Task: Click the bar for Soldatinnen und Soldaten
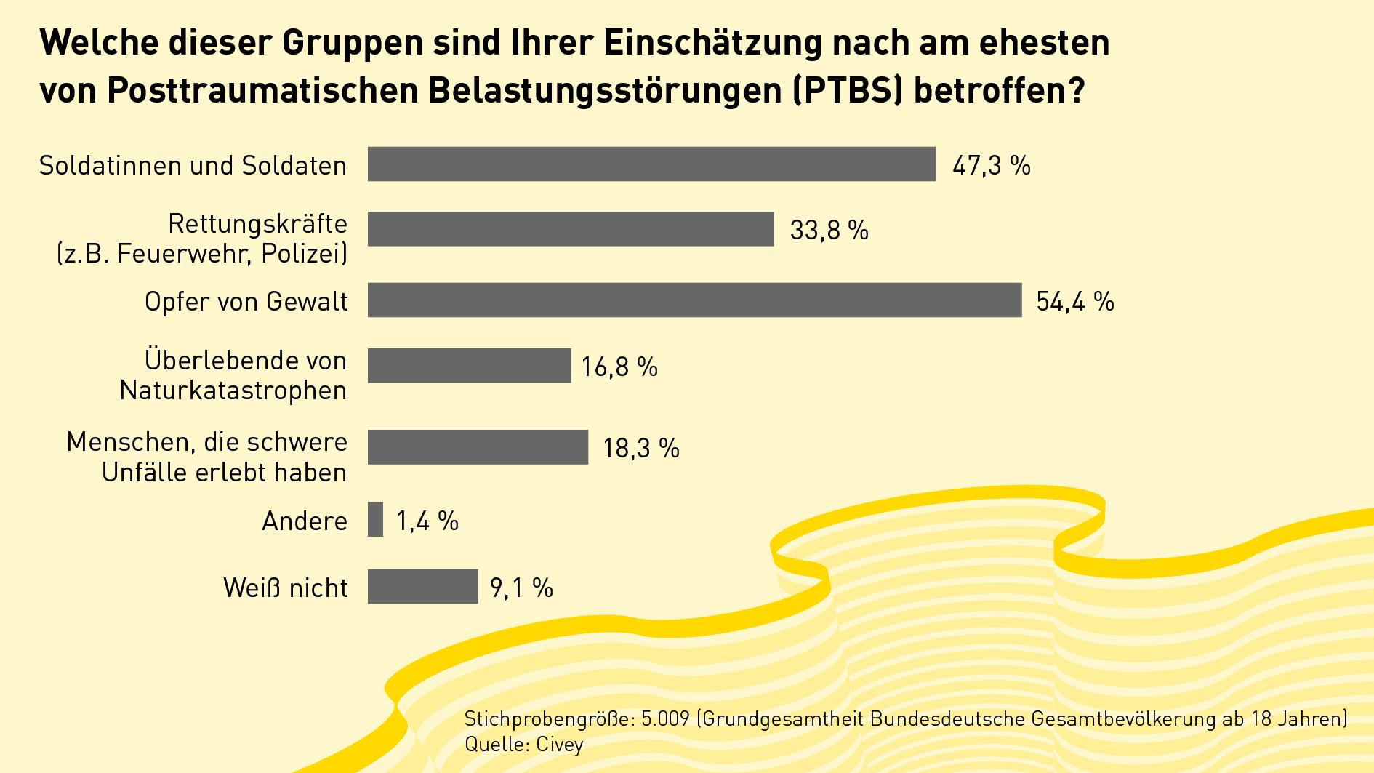click(x=651, y=164)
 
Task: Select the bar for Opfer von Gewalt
click(x=694, y=300)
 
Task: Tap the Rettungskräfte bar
click(x=571, y=229)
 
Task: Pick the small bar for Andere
click(x=375, y=520)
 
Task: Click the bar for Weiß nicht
click(x=422, y=587)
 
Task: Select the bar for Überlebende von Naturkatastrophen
click(x=469, y=366)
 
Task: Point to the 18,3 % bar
click(x=478, y=447)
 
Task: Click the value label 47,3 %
click(x=992, y=166)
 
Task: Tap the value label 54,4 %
click(x=1075, y=301)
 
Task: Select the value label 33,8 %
click(x=829, y=231)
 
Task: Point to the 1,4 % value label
click(x=427, y=521)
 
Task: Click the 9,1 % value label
click(x=521, y=588)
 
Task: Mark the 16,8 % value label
click(x=619, y=367)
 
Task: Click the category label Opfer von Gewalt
click(x=246, y=301)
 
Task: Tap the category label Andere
click(x=305, y=521)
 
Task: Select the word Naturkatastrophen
click(x=233, y=390)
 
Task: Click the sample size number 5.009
click(x=665, y=720)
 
